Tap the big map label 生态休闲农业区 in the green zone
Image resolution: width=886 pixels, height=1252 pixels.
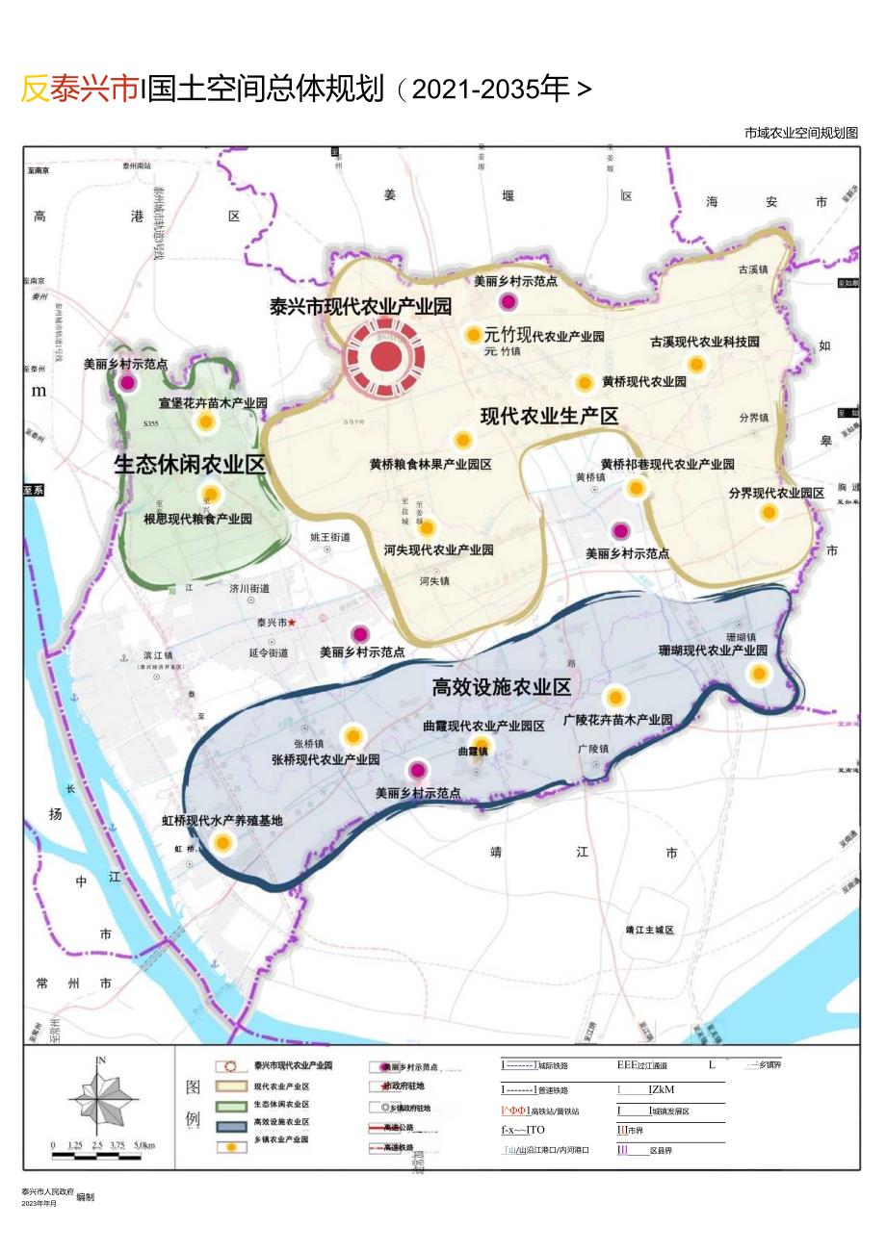190,464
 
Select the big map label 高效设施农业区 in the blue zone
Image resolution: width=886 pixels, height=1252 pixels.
501,686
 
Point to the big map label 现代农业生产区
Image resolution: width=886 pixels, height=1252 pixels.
549,416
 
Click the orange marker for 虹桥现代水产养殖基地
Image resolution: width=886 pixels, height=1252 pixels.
223,843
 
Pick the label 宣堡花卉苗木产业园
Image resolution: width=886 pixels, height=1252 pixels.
213,402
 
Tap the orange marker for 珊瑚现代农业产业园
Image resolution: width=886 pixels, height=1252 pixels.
759,674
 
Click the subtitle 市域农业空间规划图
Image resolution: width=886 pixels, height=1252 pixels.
800,133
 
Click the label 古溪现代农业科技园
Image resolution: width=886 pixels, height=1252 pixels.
705,342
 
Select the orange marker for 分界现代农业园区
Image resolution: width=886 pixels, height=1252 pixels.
769,513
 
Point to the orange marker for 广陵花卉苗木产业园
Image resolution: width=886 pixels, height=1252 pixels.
614,697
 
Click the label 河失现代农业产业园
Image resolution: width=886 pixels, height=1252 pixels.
438,549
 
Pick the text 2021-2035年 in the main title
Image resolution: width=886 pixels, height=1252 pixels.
484,89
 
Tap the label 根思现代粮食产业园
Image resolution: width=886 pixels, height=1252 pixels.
197,518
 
